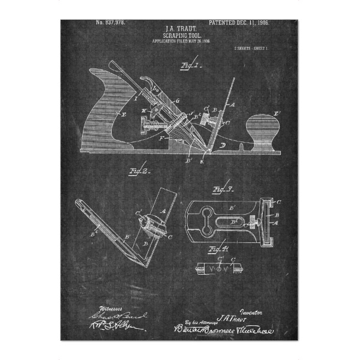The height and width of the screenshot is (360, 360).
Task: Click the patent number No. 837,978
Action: coord(111,23)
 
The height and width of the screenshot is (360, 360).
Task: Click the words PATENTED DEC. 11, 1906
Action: coord(239,22)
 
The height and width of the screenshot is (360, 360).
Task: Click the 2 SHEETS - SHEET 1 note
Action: coord(250,47)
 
